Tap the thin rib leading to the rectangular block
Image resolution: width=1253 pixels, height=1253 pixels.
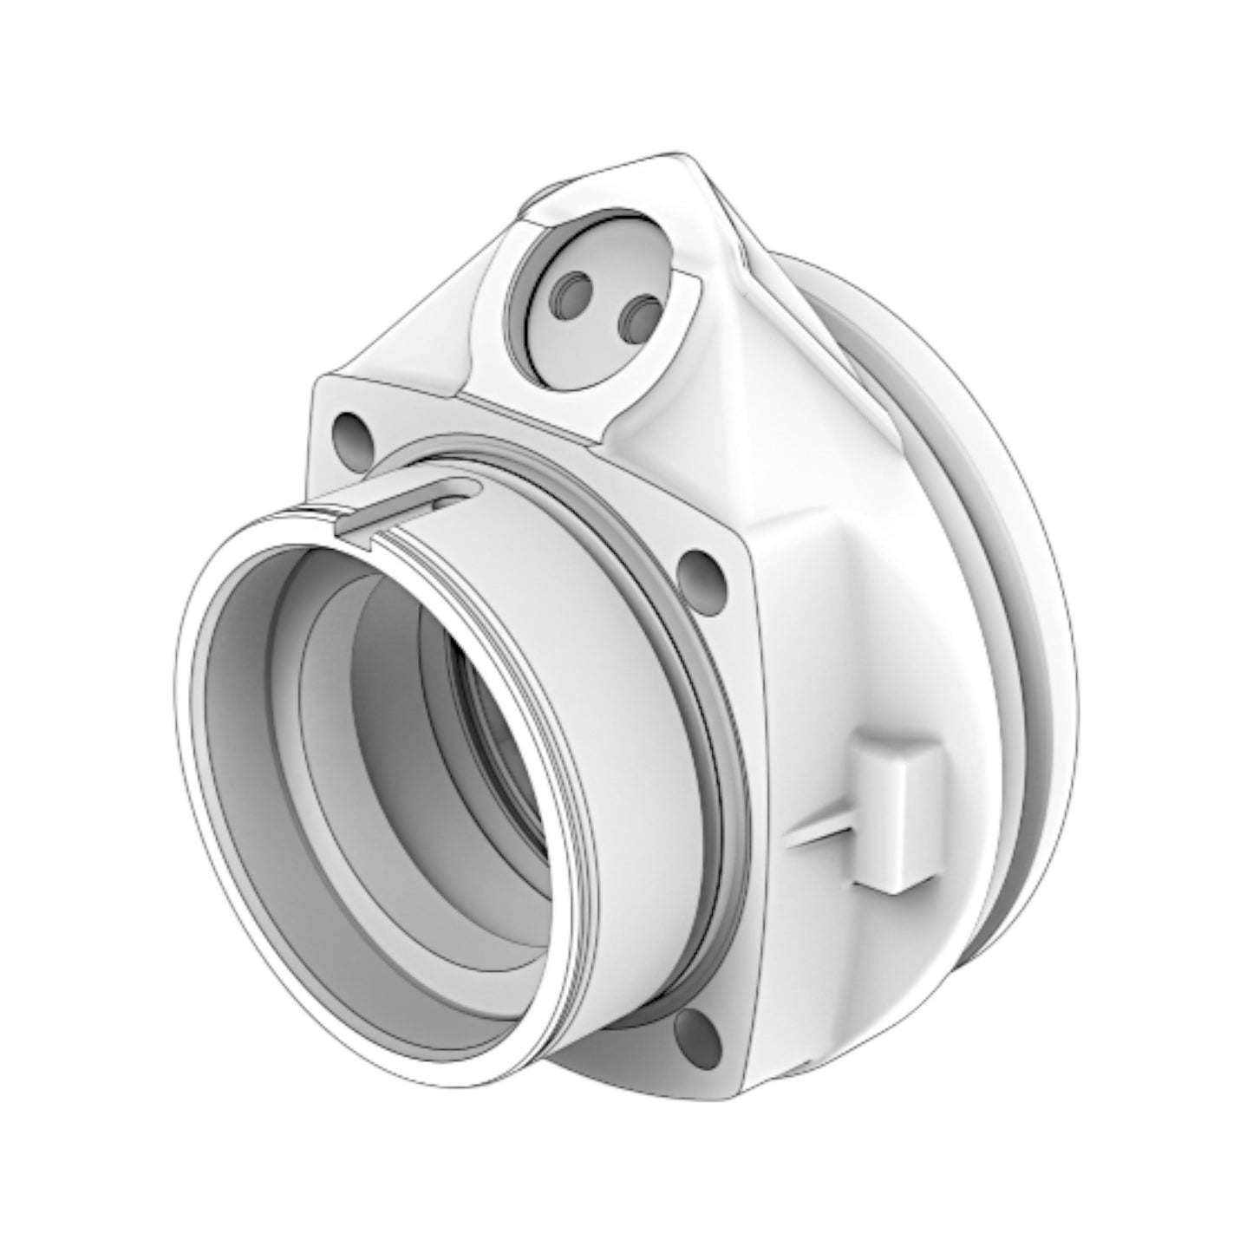point(824,832)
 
